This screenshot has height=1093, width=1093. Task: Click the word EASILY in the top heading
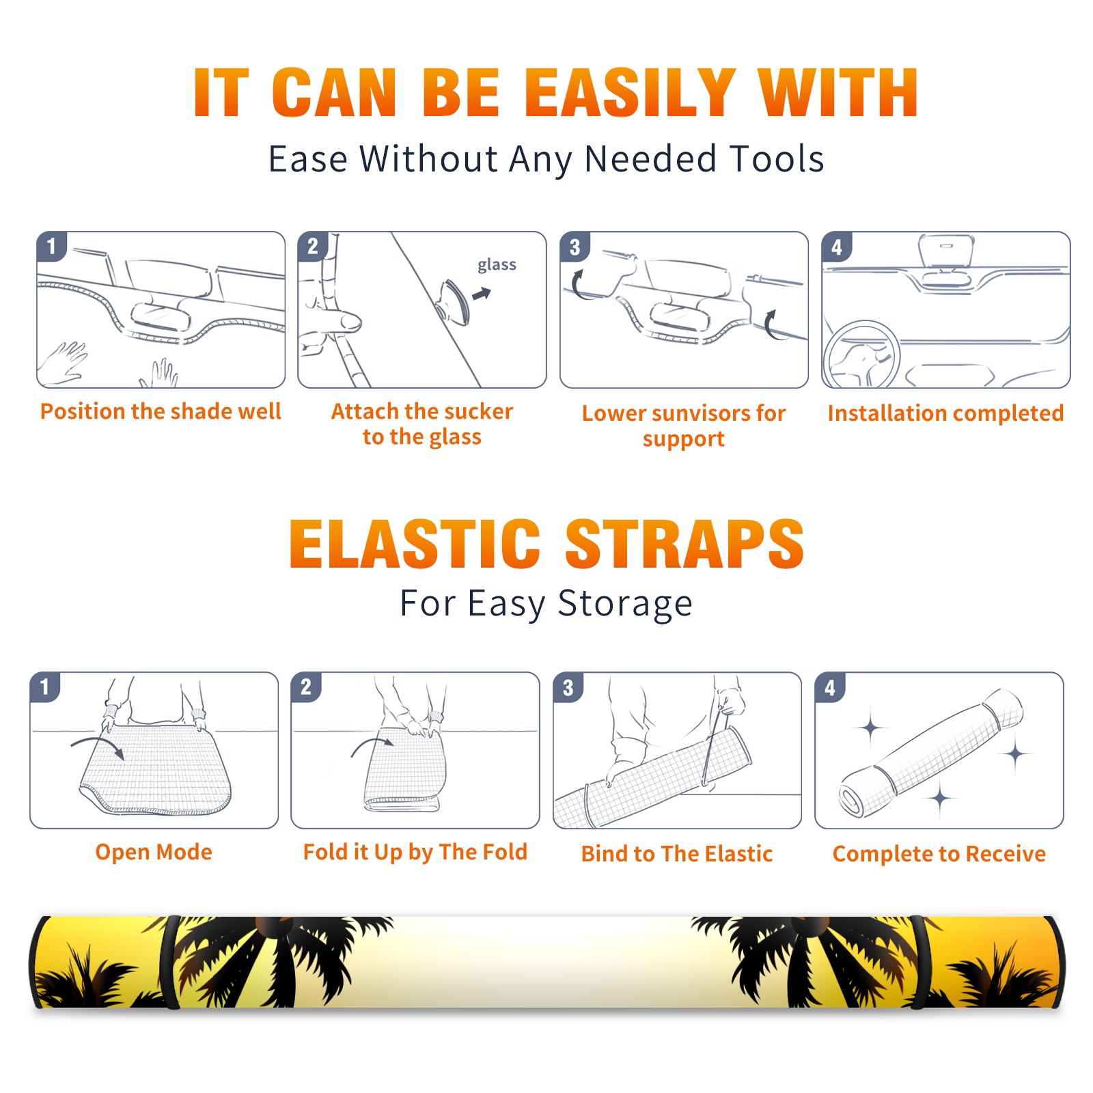pyautogui.click(x=631, y=93)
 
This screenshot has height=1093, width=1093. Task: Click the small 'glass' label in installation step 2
pyautogui.click(x=497, y=265)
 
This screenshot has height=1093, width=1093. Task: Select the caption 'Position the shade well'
pyautogui.click(x=161, y=411)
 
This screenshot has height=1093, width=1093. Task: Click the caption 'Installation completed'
pyautogui.click(x=945, y=413)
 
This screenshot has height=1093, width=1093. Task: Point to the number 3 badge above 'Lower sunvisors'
pyautogui.click(x=575, y=247)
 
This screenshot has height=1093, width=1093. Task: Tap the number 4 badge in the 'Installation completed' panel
pyautogui.click(x=837, y=247)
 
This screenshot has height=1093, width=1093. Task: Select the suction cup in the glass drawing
pyautogui.click(x=454, y=301)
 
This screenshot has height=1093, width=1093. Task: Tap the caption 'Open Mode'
pyautogui.click(x=154, y=852)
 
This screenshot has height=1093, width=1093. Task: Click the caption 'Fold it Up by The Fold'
pyautogui.click(x=415, y=852)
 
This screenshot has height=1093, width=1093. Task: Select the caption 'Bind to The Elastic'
pyautogui.click(x=677, y=854)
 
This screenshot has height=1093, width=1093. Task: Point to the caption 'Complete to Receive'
pyautogui.click(x=939, y=854)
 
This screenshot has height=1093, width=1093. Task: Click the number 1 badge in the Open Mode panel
pyautogui.click(x=45, y=687)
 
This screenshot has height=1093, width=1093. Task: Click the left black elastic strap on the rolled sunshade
pyautogui.click(x=170, y=962)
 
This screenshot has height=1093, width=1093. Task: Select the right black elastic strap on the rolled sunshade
pyautogui.click(x=919, y=962)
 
